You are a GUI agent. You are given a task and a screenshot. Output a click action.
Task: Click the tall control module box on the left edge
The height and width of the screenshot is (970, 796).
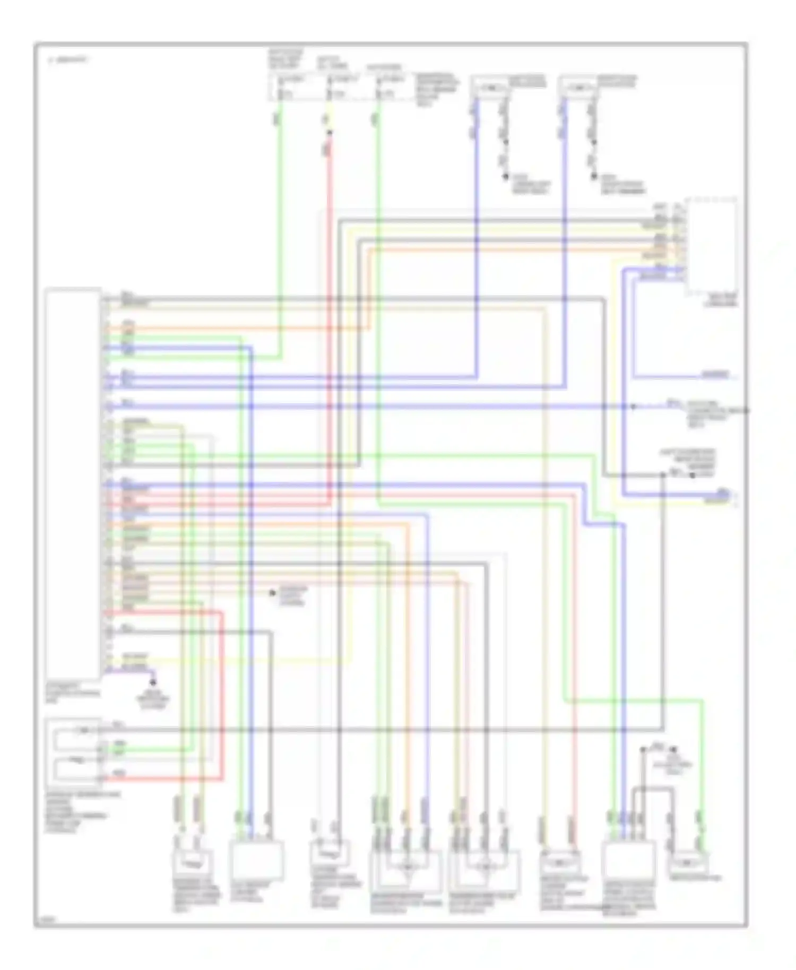coord(73,483)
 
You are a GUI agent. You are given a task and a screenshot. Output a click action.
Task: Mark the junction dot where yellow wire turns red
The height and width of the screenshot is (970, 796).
coord(330,133)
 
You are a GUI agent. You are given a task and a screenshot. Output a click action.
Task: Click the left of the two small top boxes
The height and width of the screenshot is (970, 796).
coord(490,88)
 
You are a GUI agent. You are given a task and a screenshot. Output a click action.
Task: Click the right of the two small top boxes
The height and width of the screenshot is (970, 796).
coord(578,88)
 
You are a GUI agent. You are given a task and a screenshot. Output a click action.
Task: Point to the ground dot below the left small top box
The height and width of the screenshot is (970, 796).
coord(506,177)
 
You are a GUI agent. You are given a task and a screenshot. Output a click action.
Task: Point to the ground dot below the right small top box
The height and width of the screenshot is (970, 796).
coord(594,177)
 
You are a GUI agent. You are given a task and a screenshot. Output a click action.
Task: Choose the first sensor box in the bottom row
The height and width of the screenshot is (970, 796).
coord(192,869)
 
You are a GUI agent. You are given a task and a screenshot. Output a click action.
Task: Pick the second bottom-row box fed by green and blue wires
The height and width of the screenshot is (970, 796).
coord(256,861)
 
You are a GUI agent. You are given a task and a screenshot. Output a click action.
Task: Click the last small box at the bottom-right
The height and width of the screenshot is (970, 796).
coord(688,864)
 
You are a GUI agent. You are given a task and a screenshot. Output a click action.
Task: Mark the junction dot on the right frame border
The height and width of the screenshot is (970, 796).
coord(747,410)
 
